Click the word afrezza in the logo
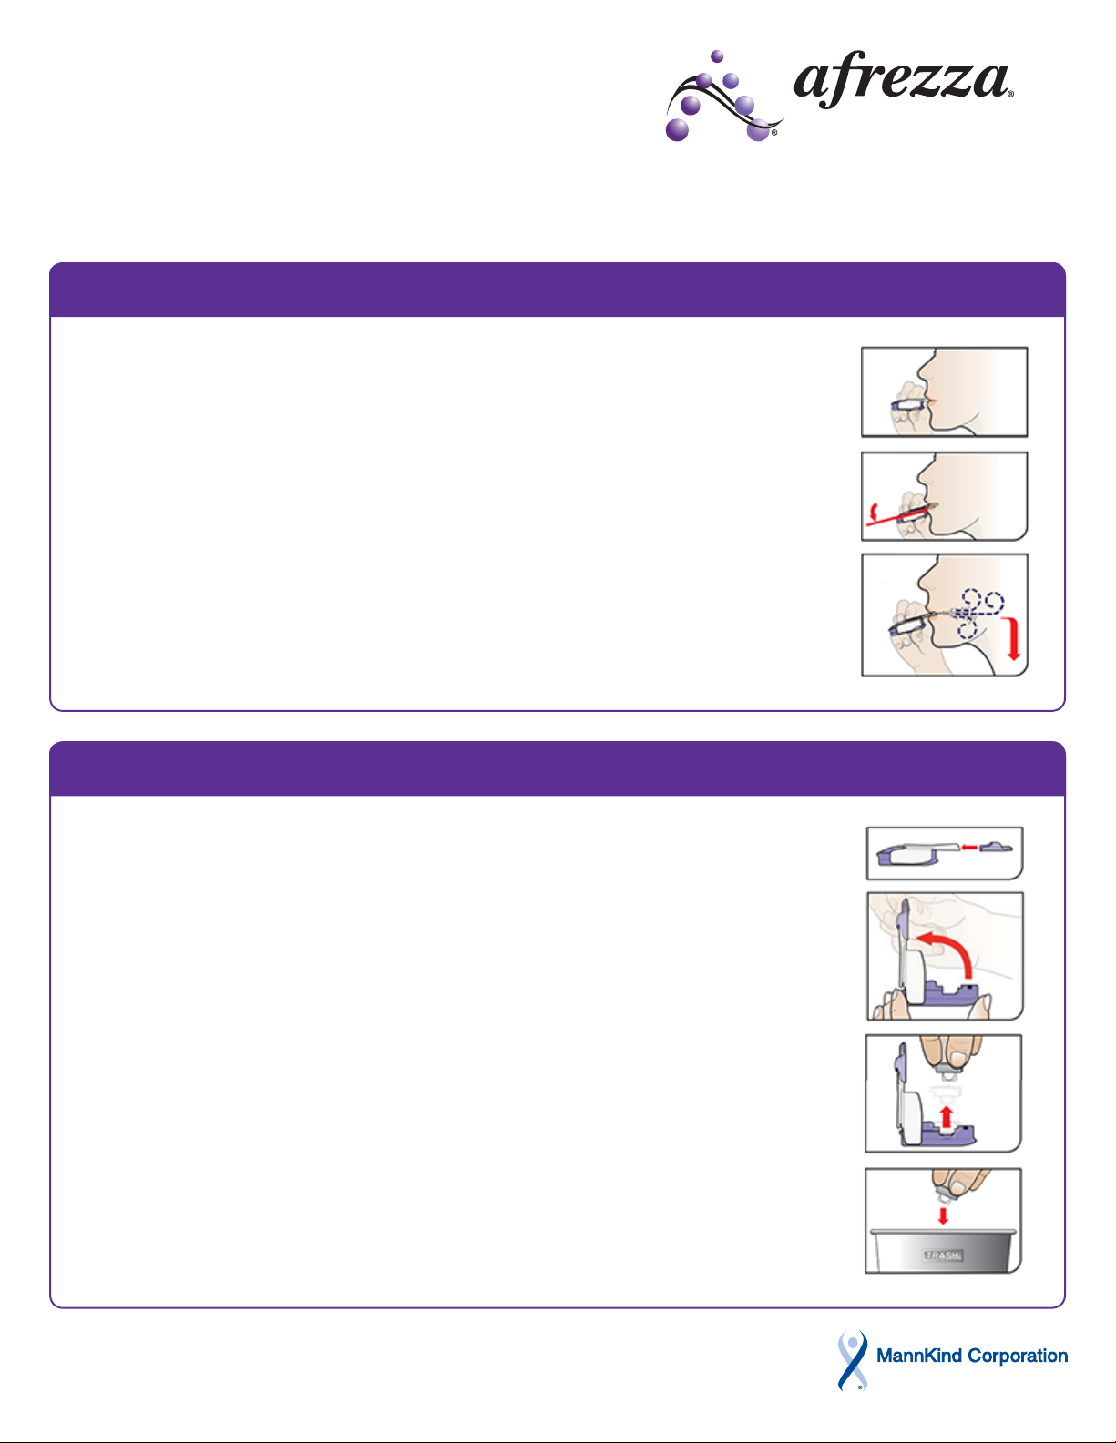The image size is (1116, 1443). (x=901, y=80)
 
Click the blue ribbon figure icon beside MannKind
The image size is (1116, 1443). (x=853, y=1358)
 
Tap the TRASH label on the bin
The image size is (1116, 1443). (x=942, y=1255)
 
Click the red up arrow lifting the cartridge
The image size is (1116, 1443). (x=947, y=1116)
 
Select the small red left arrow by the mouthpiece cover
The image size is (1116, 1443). (x=969, y=847)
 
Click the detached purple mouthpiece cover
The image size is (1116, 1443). (x=996, y=847)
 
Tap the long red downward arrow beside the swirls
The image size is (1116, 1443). (x=1012, y=638)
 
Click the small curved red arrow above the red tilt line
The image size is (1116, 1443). (x=875, y=511)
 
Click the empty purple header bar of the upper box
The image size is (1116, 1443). (x=558, y=290)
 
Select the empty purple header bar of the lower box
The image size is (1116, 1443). (x=558, y=768)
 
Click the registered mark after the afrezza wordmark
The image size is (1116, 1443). (x=1010, y=95)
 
